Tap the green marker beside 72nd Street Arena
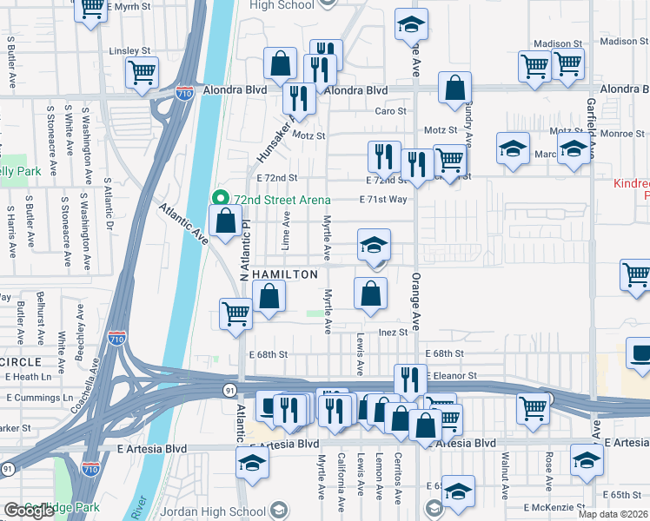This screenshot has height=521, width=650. (221, 200)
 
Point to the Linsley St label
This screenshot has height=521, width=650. (129, 51)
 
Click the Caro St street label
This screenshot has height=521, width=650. (390, 111)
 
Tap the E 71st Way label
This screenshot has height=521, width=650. (383, 200)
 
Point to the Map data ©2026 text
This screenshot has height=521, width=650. (612, 514)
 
